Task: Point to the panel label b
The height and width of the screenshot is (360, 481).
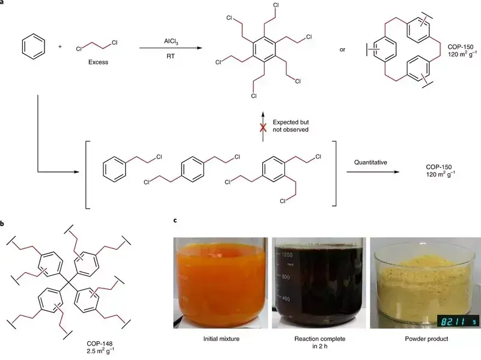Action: [x=4, y=224]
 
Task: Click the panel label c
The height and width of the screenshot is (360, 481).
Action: [x=175, y=221]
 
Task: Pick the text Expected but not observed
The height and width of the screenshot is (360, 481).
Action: [x=292, y=125]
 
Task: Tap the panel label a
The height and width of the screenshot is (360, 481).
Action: [x=4, y=4]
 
